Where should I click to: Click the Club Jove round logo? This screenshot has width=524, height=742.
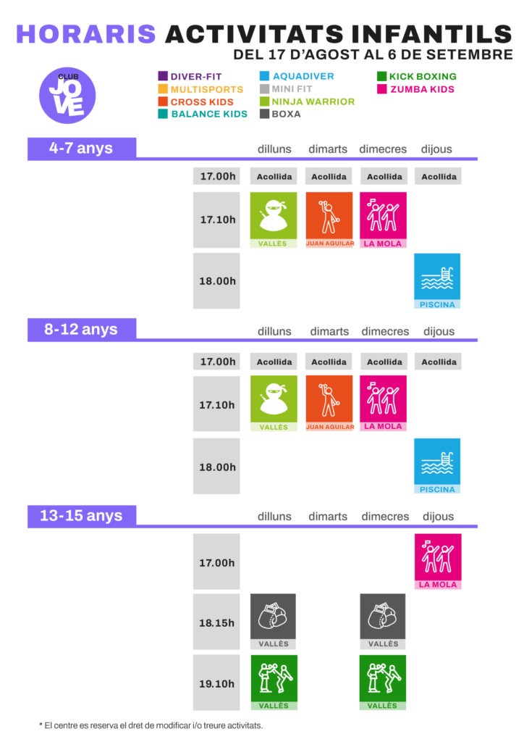pos(67,95)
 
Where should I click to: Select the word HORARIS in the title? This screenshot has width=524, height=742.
pos(86,34)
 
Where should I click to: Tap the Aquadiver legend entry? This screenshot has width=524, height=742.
pos(297,76)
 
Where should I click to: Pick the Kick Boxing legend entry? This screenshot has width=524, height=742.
pos(417,76)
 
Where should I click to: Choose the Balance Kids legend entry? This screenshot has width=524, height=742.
pos(203,114)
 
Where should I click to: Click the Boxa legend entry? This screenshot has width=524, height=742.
pos(280,114)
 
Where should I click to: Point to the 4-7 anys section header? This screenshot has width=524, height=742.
pos(82,148)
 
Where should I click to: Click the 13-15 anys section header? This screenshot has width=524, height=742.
pos(82,515)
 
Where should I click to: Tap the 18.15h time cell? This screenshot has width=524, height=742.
pos(216,622)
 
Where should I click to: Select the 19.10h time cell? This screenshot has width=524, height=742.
pos(216,683)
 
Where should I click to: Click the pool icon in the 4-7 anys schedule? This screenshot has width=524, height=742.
pos(437,276)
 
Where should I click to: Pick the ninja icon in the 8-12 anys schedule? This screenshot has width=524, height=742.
pos(274,399)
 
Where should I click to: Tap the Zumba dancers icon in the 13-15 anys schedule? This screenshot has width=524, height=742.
pos(438,557)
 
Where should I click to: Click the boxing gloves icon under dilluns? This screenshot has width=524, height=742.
pos(273,617)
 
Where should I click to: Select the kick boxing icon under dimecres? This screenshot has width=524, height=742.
pos(383,678)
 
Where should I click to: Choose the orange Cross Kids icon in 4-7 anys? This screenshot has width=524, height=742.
pos(329,215)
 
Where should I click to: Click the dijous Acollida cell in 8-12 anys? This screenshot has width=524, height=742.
pos(439,362)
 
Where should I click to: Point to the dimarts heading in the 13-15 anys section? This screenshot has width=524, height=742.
pos(328,516)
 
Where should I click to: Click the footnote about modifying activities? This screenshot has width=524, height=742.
pos(151,725)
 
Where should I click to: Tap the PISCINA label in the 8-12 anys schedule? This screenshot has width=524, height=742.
pos(437,489)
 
